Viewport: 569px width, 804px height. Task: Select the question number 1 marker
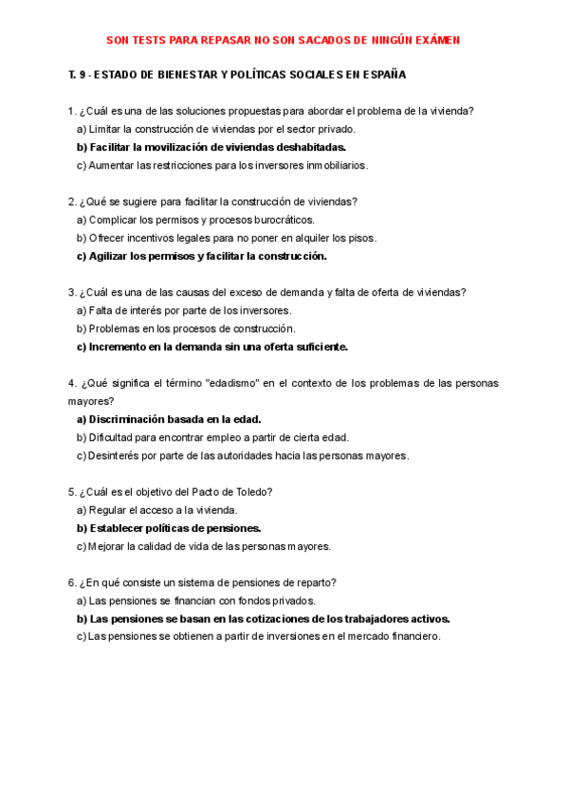coord(72,111)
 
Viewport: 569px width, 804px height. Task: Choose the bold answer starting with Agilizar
coord(201,256)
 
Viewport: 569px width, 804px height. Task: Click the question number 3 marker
coord(72,292)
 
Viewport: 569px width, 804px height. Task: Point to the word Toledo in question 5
coord(253,491)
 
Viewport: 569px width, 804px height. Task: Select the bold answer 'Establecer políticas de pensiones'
coord(168,528)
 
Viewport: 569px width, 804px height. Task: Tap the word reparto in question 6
coord(318,582)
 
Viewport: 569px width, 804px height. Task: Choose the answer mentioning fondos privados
coord(195,600)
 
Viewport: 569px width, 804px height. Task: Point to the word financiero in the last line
coord(411,637)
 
